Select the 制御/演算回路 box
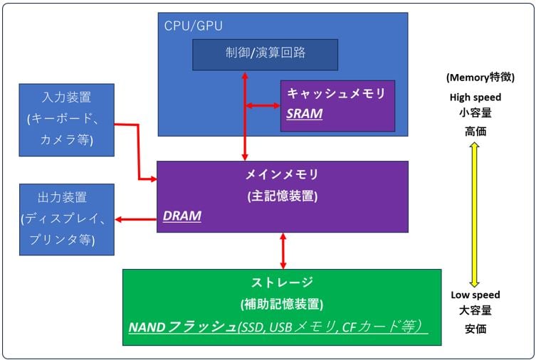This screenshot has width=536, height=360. click(x=265, y=55)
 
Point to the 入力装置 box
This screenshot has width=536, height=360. click(x=66, y=119)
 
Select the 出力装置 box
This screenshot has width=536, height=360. click(x=66, y=218)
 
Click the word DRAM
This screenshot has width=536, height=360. click(x=182, y=215)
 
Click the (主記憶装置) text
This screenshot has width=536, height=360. click(x=282, y=195)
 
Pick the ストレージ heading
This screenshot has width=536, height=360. click(x=282, y=282)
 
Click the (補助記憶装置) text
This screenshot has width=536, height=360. click(x=282, y=304)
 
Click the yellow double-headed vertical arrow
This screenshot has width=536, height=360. click(x=475, y=213)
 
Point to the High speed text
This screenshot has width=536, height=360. click(x=475, y=97)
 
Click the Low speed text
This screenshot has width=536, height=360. click(x=475, y=295)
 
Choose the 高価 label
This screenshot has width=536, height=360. click(x=475, y=131)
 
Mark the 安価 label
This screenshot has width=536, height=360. click(x=475, y=329)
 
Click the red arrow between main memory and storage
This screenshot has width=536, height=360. click(x=283, y=250)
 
